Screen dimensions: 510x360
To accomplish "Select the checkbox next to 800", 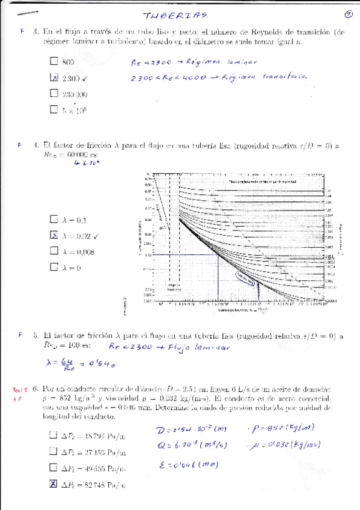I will pos(54,61).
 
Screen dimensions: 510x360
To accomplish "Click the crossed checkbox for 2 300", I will pos(54,77).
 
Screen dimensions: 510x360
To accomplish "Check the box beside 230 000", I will pos(54,93).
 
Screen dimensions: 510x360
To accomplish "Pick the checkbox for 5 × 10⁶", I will pos(54,109).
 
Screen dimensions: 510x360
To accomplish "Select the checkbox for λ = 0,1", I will pos(54,220).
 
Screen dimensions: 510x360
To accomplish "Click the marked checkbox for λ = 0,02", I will pos(54,236).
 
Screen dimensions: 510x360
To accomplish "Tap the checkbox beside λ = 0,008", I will pos(54,252).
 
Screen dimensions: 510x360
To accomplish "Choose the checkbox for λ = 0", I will pos(54,268).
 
